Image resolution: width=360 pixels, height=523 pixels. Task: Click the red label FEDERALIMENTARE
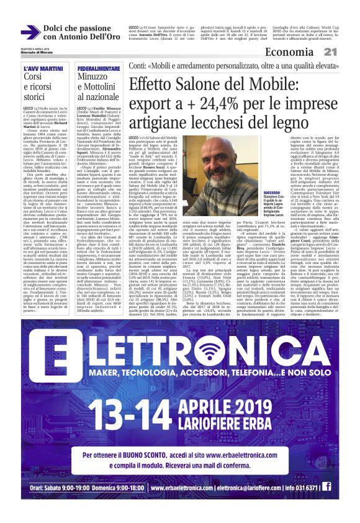pos(95,67)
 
